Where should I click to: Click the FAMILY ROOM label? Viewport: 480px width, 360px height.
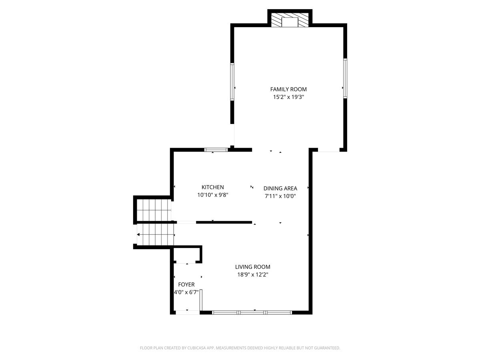click(288, 89)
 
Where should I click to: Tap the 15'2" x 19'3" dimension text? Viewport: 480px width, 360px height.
click(288, 97)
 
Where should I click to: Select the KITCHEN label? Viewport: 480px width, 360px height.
click(212, 187)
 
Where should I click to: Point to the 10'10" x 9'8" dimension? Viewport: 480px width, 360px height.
click(212, 195)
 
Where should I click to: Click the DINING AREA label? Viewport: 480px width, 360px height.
click(280, 188)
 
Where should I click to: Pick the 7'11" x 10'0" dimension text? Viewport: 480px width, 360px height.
click(280, 196)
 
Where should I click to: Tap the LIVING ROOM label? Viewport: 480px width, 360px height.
click(252, 267)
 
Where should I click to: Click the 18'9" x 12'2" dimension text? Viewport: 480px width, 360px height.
click(252, 274)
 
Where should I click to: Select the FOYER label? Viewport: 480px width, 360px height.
click(186, 284)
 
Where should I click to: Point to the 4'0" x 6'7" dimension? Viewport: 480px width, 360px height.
click(186, 292)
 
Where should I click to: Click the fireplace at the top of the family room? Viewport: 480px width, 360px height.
click(290, 20)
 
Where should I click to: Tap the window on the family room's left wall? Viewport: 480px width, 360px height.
click(232, 82)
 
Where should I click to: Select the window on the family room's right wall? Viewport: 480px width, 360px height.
click(345, 78)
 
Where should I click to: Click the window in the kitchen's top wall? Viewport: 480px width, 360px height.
click(216, 150)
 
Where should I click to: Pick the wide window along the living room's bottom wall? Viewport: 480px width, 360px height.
click(252, 312)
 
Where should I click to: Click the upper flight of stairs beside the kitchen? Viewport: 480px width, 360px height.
click(154, 210)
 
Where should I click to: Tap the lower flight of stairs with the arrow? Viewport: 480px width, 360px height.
click(156, 234)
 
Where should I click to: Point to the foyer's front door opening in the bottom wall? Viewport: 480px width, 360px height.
click(188, 312)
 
